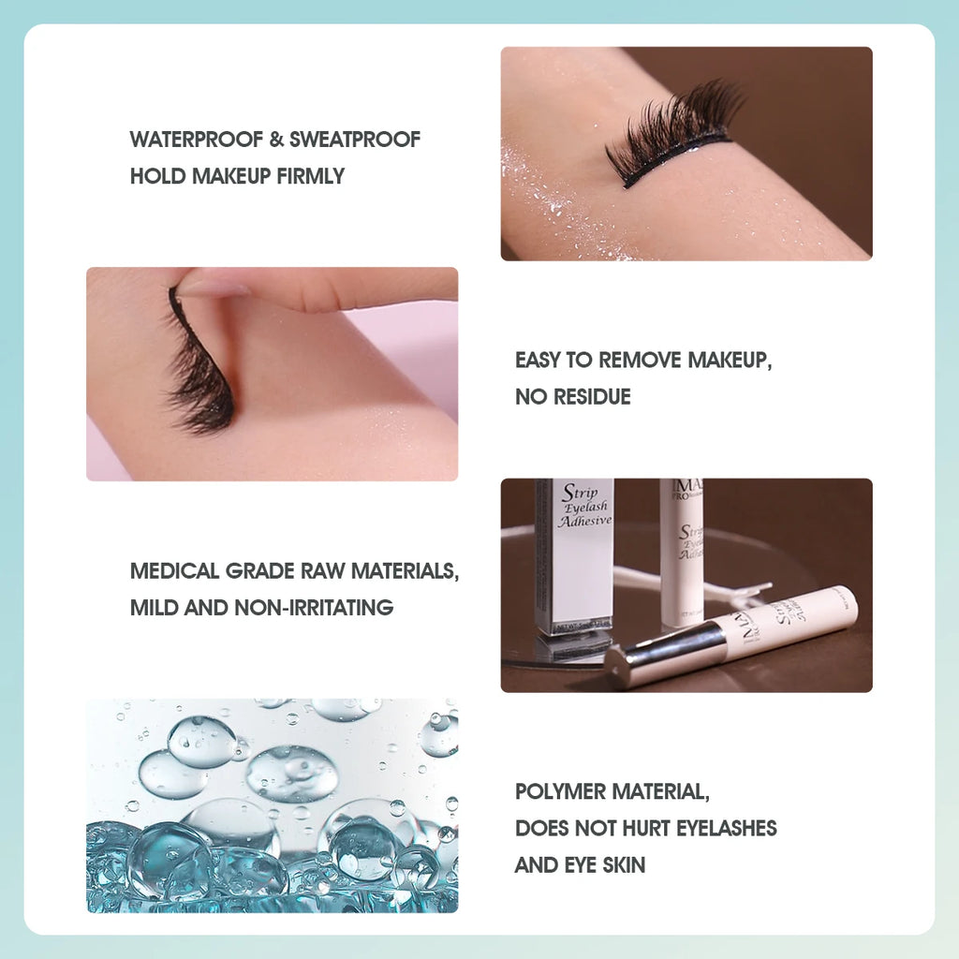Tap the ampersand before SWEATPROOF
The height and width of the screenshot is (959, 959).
point(276,140)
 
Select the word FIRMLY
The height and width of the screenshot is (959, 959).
point(311,176)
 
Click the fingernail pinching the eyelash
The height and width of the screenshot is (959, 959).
point(212,286)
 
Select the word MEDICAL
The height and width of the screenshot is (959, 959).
point(175,571)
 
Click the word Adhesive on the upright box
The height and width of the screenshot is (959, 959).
point(584,522)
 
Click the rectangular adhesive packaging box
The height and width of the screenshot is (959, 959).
point(574,557)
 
